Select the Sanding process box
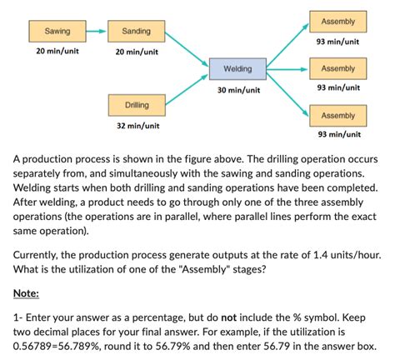[136, 32]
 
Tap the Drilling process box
[137, 107]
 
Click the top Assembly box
[337, 22]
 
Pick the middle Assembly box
[337, 68]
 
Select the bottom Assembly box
[337, 116]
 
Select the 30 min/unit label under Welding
[238, 89]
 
